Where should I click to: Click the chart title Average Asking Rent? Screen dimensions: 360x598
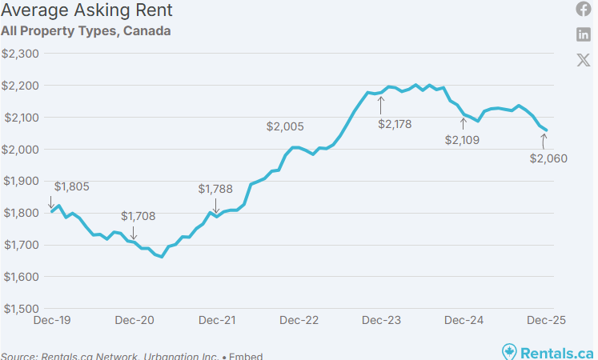[86, 11]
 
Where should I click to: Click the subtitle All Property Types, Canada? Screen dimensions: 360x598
[86, 31]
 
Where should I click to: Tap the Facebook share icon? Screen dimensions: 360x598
[584, 9]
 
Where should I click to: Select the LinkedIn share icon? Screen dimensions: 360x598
[584, 34]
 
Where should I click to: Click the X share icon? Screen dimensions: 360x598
[584, 60]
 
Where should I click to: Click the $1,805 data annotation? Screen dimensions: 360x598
[72, 186]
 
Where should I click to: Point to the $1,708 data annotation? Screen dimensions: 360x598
[138, 216]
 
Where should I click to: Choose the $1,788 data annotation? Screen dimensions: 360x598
[215, 189]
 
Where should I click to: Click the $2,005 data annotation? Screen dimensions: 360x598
[285, 126]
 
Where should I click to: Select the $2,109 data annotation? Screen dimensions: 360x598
[464, 139]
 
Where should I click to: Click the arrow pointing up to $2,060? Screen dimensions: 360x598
[544, 141]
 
